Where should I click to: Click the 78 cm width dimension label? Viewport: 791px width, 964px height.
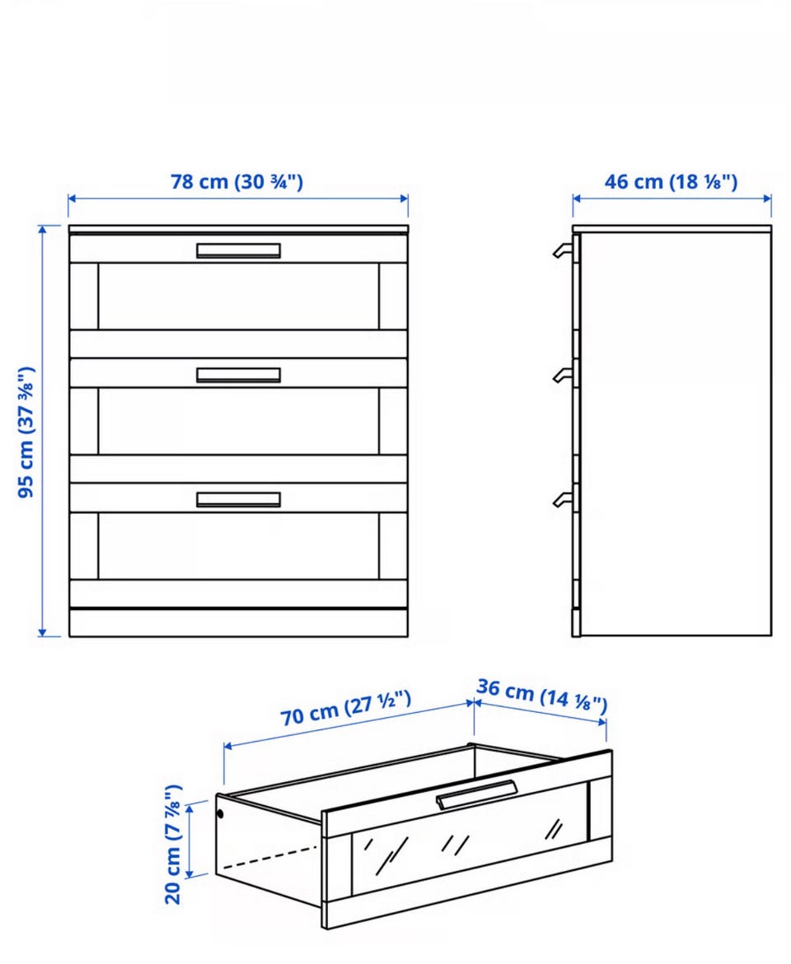[237, 182]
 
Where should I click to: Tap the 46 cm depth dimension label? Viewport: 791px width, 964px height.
[671, 182]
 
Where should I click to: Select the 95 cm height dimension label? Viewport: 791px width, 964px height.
[26, 432]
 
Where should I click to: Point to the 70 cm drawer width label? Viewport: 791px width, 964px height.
[346, 708]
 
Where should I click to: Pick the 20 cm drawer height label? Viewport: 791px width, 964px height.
[173, 844]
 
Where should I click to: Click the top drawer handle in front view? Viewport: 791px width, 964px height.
[238, 250]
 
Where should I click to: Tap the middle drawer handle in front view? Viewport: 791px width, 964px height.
[238, 375]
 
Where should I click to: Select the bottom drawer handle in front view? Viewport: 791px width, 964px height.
[238, 499]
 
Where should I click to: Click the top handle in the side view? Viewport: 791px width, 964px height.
[563, 249]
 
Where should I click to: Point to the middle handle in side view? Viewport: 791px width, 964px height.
[563, 374]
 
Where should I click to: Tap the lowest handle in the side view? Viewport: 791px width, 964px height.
[563, 499]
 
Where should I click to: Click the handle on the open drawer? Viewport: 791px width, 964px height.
[477, 794]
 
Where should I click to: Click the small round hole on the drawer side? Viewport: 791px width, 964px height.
[220, 815]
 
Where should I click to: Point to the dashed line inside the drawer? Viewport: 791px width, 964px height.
[269, 857]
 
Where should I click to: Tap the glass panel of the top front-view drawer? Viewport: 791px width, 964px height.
[238, 296]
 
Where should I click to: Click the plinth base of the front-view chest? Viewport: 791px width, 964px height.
[238, 623]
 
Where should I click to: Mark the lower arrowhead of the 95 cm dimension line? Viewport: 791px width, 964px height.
[42, 632]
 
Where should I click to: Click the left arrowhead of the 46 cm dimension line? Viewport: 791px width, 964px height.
[576, 198]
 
